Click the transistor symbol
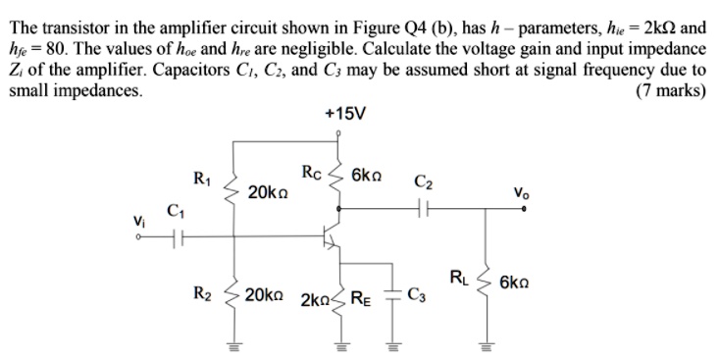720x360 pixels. tap(334, 236)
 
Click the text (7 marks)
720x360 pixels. tap(670, 92)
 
